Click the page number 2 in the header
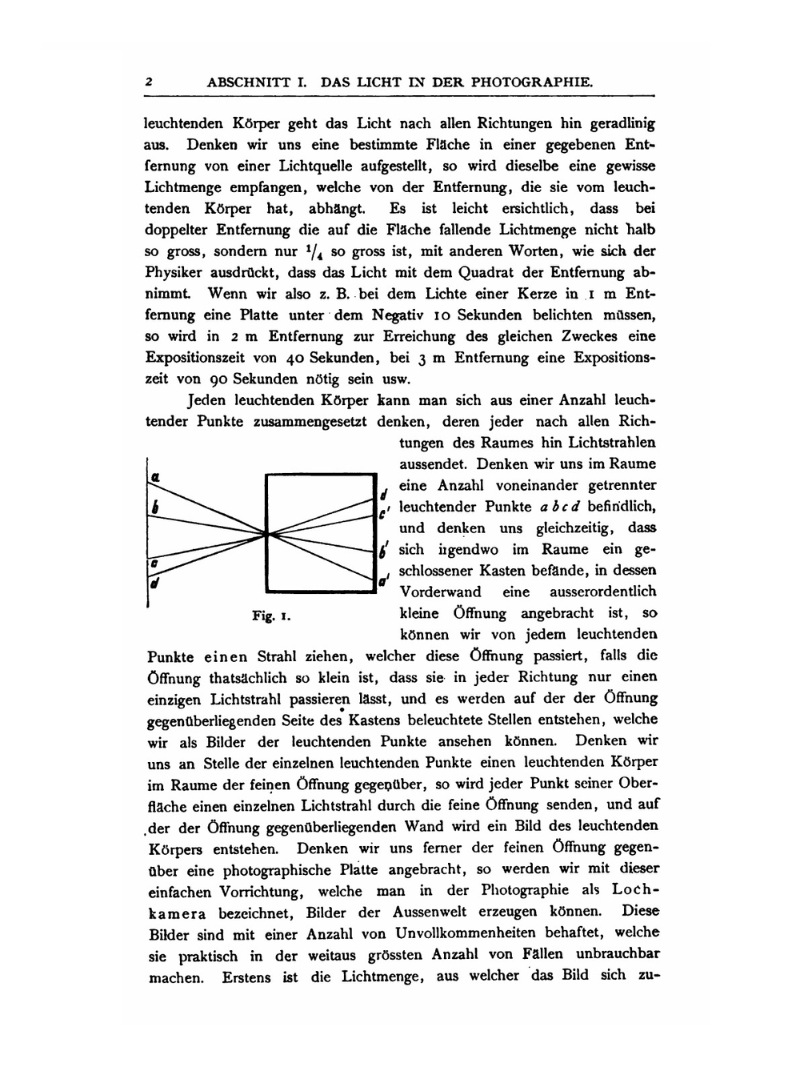[x=149, y=82]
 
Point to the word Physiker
[x=177, y=272]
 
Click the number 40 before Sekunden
[x=292, y=358]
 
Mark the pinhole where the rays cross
[x=268, y=532]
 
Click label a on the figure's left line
[x=157, y=476]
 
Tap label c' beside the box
[x=385, y=513]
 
